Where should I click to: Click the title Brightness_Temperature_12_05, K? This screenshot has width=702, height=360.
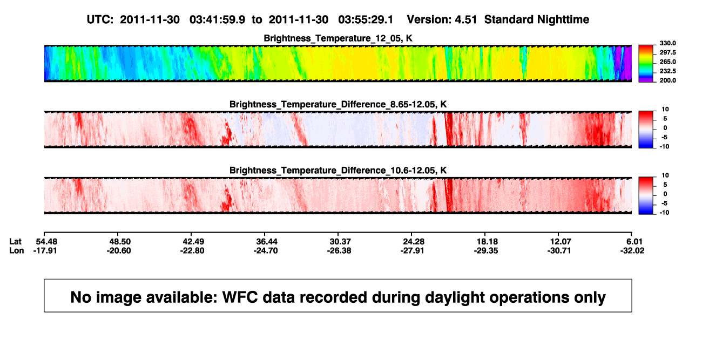[x=338, y=38]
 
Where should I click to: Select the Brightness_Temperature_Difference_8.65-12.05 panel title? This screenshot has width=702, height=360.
[x=338, y=104]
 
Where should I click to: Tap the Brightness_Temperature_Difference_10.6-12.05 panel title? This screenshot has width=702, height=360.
[x=338, y=171]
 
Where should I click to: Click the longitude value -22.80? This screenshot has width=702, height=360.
[x=192, y=250]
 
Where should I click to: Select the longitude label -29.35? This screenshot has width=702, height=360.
[x=486, y=250]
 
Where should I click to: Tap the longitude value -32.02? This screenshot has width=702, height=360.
[x=632, y=250]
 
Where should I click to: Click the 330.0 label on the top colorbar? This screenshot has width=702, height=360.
[x=667, y=43]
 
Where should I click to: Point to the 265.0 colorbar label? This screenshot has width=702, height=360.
[x=667, y=62]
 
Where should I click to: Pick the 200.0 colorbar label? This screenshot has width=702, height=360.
[x=667, y=80]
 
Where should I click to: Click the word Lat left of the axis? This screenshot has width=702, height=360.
[x=15, y=242]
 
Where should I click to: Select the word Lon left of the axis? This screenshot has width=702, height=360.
[x=16, y=250]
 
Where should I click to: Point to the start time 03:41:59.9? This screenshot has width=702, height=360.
[x=217, y=20]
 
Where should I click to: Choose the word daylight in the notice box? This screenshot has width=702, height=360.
[x=453, y=297]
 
